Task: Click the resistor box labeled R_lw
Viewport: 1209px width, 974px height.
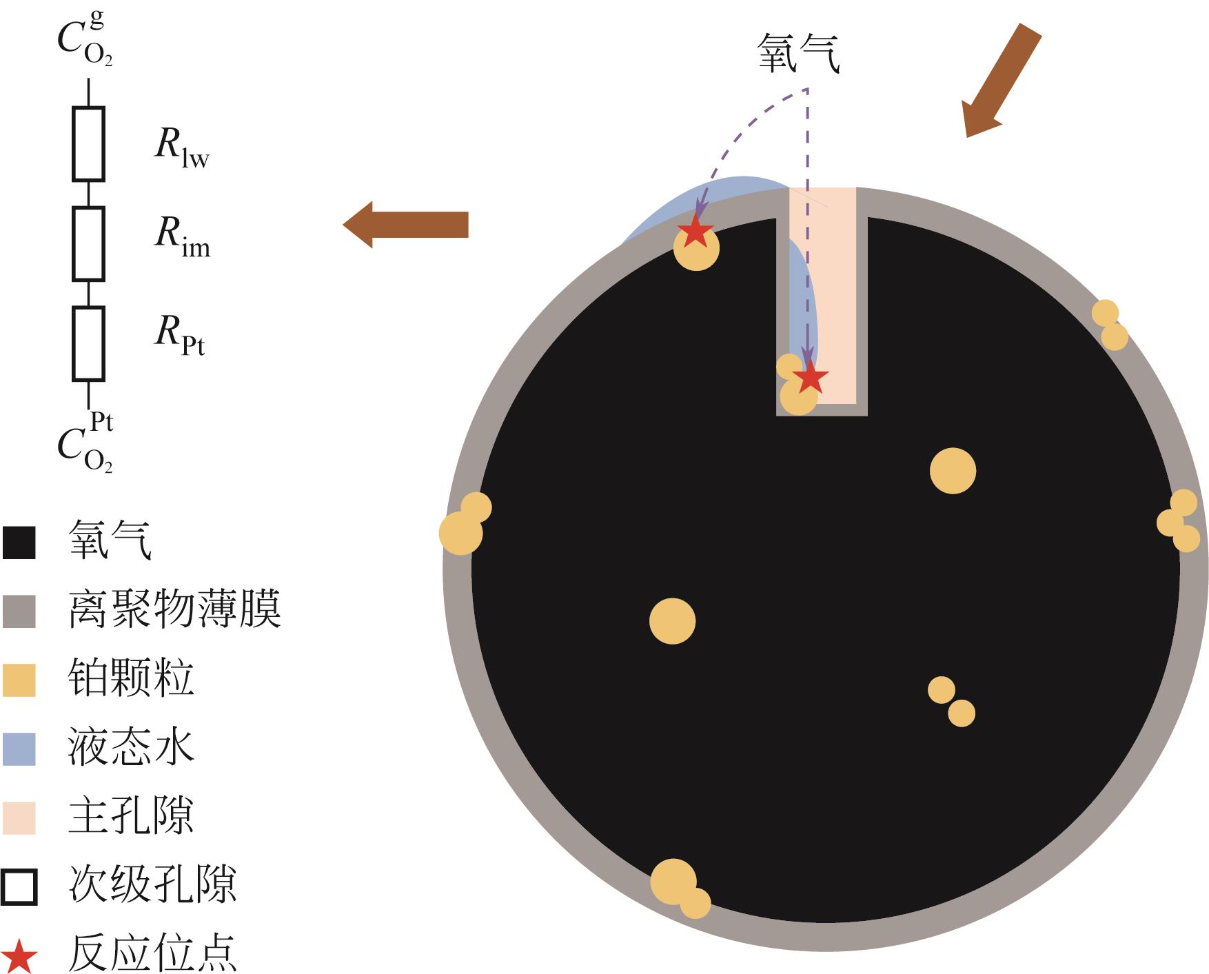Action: [88, 144]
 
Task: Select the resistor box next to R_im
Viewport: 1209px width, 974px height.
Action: [88, 244]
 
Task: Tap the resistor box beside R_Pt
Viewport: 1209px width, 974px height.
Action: [88, 344]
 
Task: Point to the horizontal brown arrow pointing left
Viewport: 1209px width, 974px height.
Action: [406, 225]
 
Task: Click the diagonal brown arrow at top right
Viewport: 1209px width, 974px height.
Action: [1000, 80]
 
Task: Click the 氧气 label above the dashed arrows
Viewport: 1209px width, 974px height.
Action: [799, 54]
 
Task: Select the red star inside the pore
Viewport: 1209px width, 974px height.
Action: [810, 378]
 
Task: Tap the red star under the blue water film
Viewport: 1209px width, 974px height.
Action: [694, 232]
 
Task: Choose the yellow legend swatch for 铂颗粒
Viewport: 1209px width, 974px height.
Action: [19, 680]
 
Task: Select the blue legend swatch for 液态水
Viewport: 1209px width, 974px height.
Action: [19, 749]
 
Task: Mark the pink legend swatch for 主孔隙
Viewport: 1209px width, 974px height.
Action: [19, 818]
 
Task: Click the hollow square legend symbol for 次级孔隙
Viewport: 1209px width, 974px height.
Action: [19, 886]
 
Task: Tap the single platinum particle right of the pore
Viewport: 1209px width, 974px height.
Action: [953, 471]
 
